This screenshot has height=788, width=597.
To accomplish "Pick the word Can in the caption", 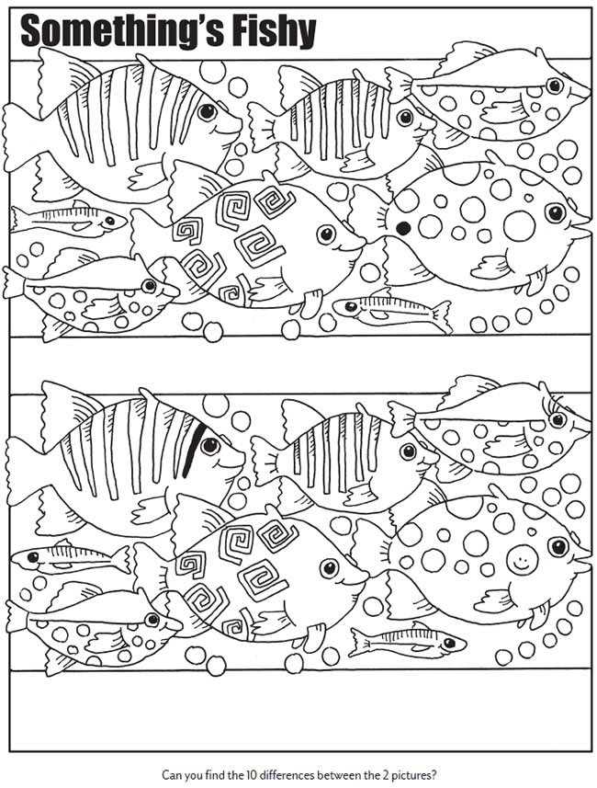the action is tap(170, 774).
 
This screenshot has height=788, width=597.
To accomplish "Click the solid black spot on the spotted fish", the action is tap(402, 229).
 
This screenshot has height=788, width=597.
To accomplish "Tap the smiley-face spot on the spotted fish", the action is tap(522, 559).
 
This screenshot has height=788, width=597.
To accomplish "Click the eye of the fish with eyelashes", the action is tap(558, 418).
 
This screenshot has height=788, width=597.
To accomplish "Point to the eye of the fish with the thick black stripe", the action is tap(210, 445).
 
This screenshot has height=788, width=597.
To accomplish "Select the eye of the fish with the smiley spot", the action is tap(558, 546).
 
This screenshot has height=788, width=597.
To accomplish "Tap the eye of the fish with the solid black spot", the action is tap(556, 212).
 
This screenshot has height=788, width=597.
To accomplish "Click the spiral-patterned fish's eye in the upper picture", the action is tap(326, 234).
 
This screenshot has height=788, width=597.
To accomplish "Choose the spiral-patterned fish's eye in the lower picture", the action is tap(329, 567).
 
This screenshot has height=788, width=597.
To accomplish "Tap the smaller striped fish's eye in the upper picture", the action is tap(404, 118).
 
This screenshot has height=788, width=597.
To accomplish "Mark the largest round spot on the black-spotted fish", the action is tap(520, 225).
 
